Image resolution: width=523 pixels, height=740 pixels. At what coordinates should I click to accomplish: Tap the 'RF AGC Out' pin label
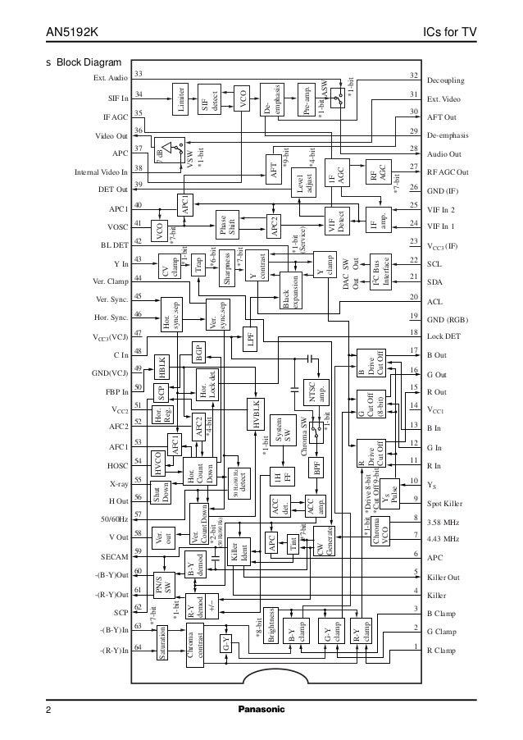pyautogui.click(x=448, y=172)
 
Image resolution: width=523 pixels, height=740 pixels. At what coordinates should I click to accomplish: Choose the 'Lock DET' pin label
pyautogui.click(x=443, y=336)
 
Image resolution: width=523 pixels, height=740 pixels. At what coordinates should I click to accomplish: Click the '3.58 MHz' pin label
pyautogui.click(x=443, y=522)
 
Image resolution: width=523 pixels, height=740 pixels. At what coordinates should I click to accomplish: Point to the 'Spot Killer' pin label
pyautogui.click(x=444, y=500)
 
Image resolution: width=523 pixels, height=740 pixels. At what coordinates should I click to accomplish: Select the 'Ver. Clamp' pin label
pyautogui.click(x=103, y=281)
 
